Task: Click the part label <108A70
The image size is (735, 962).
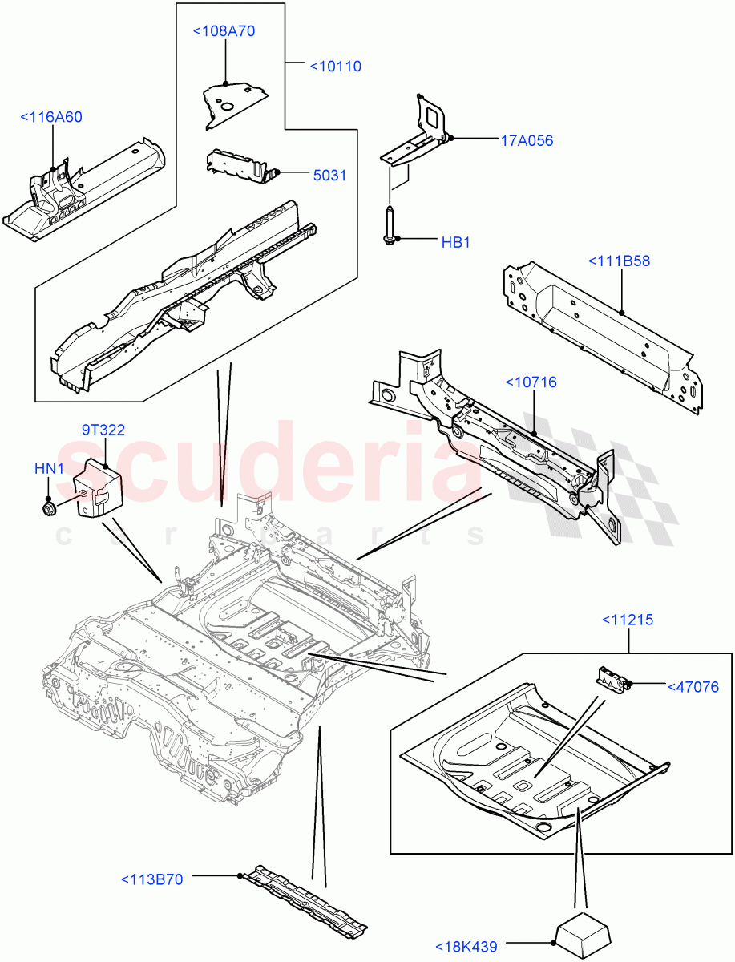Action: pyautogui.click(x=224, y=31)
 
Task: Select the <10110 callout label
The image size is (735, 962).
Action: pyautogui.click(x=335, y=66)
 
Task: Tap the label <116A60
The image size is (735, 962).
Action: pyautogui.click(x=50, y=117)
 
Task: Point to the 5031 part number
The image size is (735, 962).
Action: pyautogui.click(x=329, y=175)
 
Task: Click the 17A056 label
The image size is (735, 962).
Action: pyautogui.click(x=527, y=141)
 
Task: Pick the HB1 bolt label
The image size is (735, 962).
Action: pyautogui.click(x=455, y=242)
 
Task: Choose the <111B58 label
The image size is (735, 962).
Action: pyautogui.click(x=619, y=261)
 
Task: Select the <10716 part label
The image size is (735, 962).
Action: pyautogui.click(x=530, y=382)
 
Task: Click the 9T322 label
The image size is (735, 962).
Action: pyautogui.click(x=103, y=430)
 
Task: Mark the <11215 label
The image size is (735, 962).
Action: pyautogui.click(x=627, y=619)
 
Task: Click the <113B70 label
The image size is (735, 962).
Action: pyautogui.click(x=151, y=879)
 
